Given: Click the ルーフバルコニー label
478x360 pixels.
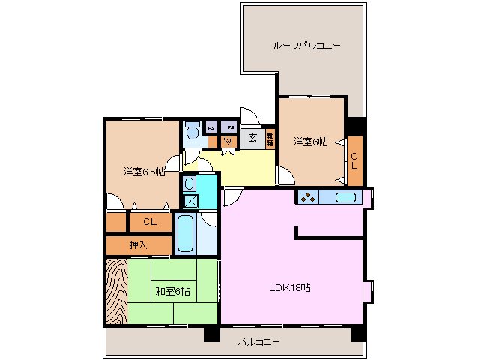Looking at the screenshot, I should click(x=306, y=46).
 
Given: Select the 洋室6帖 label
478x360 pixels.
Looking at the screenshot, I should click(x=309, y=141).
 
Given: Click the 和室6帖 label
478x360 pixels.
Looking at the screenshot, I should click(x=172, y=291).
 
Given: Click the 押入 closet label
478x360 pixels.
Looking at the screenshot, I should click(x=138, y=244).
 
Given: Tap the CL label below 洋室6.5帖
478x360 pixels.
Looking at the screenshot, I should click(x=149, y=222).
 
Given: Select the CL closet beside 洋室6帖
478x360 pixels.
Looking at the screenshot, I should click(x=354, y=160).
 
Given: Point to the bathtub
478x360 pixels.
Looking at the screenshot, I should click(x=185, y=233).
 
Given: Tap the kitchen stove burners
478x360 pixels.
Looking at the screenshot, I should click(x=308, y=198).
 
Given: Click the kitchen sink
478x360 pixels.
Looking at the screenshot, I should click(x=345, y=198).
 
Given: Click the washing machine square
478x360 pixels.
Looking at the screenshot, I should click(x=190, y=200).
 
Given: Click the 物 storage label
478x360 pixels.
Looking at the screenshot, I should click(x=229, y=140).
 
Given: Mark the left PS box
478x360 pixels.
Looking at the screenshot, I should click(x=211, y=127).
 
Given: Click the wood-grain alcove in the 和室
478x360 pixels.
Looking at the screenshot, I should click(x=117, y=291).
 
